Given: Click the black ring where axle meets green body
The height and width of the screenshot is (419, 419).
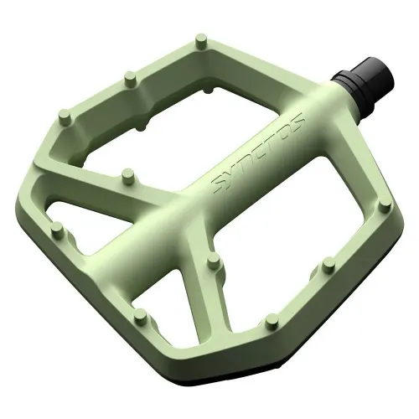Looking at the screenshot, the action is [x=342, y=81].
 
